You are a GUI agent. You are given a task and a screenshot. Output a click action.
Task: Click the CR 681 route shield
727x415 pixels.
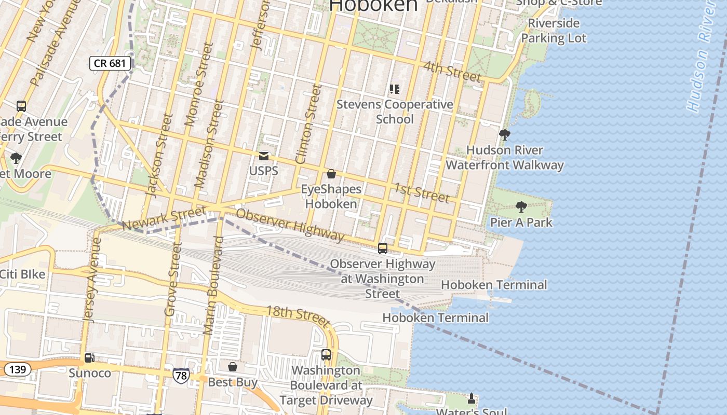pos(110,63)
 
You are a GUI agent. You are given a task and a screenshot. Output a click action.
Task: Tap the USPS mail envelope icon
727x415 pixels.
pos(264,156)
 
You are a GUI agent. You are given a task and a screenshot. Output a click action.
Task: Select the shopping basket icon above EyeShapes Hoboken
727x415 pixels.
pos(331,174)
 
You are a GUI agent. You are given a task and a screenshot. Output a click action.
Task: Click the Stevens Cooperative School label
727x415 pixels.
pos(395,112)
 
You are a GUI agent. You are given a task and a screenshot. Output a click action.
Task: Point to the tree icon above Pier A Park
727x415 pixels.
pos(521,207)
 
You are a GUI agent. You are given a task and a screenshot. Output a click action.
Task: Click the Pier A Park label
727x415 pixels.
pos(521,223)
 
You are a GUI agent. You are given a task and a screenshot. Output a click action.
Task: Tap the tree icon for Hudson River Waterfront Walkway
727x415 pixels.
pos(504,135)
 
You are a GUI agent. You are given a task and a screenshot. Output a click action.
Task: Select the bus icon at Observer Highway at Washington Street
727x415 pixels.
pos(383,248)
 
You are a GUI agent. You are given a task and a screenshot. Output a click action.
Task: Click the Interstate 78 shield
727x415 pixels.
pos(181,376)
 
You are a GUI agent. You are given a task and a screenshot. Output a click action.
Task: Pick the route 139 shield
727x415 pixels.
pos(17,369)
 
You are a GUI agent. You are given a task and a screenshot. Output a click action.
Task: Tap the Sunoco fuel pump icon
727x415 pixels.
pos(90,358)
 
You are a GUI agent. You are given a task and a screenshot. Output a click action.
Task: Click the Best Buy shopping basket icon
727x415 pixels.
pos(233,367)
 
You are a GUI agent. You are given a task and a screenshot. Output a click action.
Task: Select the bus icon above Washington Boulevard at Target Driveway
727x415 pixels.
pos(326,355)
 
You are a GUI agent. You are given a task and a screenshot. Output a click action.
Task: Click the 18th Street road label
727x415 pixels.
pos(298,316)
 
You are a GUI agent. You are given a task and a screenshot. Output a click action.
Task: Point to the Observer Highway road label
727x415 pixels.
pos(290,225)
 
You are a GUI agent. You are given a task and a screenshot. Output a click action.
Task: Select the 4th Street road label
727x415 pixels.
pos(452,72)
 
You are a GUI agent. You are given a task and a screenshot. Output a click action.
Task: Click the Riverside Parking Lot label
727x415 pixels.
pos(554,31)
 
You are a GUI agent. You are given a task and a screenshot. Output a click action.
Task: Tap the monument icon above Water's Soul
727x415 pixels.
pos(472,398)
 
